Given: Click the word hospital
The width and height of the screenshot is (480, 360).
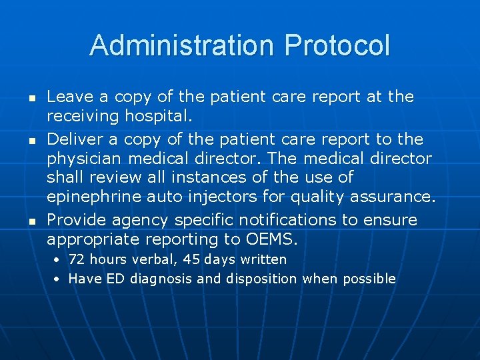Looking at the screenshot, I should (157, 117).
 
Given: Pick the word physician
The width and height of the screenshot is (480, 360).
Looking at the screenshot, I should (85, 159).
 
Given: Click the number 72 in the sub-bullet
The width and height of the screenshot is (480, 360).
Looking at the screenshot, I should (77, 259).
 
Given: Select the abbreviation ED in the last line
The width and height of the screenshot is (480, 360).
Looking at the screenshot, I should (114, 279).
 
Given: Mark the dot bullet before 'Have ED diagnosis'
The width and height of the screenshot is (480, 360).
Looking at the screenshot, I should (58, 279).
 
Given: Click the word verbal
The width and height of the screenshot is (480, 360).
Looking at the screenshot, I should (139, 259).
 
